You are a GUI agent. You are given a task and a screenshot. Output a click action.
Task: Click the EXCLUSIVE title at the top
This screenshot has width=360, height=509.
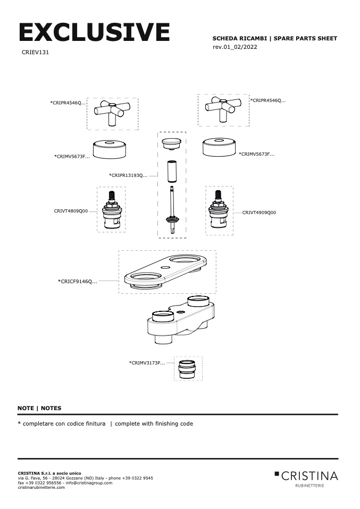(94, 32)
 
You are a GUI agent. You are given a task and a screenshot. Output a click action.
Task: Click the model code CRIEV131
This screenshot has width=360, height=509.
(35, 53)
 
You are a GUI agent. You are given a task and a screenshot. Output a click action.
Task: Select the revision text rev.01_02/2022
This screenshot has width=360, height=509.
(235, 47)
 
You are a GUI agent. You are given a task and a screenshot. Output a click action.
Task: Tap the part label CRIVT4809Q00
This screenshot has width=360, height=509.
(71, 211)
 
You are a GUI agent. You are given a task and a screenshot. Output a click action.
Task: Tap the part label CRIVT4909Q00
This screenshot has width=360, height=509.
(259, 213)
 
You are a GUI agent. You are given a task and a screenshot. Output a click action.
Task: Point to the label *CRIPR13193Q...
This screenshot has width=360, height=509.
(128, 175)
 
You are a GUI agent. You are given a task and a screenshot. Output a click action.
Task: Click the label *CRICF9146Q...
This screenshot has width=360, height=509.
(77, 281)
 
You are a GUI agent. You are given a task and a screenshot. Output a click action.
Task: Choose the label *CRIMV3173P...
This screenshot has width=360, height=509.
(147, 363)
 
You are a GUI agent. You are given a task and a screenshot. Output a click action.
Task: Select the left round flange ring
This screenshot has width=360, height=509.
(108, 148)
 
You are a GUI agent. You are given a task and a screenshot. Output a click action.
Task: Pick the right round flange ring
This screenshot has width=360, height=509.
(219, 146)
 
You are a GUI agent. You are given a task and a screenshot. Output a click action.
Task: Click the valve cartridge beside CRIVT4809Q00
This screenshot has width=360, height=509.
(111, 210)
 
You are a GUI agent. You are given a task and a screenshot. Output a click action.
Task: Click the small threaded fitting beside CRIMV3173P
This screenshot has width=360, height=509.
(187, 368)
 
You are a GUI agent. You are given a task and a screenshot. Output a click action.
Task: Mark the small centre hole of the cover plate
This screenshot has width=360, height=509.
(165, 267)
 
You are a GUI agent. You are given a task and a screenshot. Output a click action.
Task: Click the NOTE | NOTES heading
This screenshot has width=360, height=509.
(39, 408)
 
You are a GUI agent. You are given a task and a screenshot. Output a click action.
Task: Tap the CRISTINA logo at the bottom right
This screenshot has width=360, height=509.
(306, 476)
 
